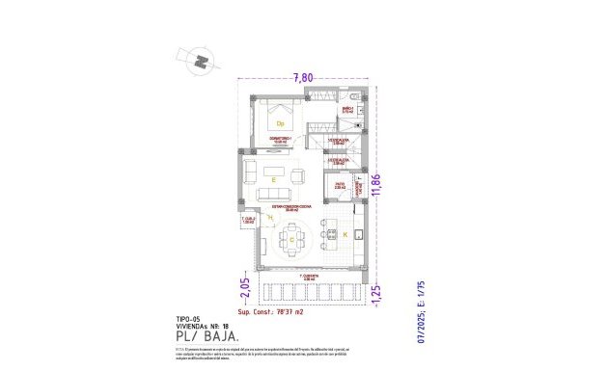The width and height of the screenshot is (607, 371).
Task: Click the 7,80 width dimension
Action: (306, 78)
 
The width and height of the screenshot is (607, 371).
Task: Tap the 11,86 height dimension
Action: (390, 183)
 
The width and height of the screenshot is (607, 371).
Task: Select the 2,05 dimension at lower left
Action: (246, 288)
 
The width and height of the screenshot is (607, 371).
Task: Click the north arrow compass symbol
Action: (201, 61)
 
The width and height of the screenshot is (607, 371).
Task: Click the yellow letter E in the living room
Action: (274, 179)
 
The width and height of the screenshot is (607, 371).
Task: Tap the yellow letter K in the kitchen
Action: (345, 234)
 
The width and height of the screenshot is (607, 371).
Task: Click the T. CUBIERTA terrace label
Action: (308, 278)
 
